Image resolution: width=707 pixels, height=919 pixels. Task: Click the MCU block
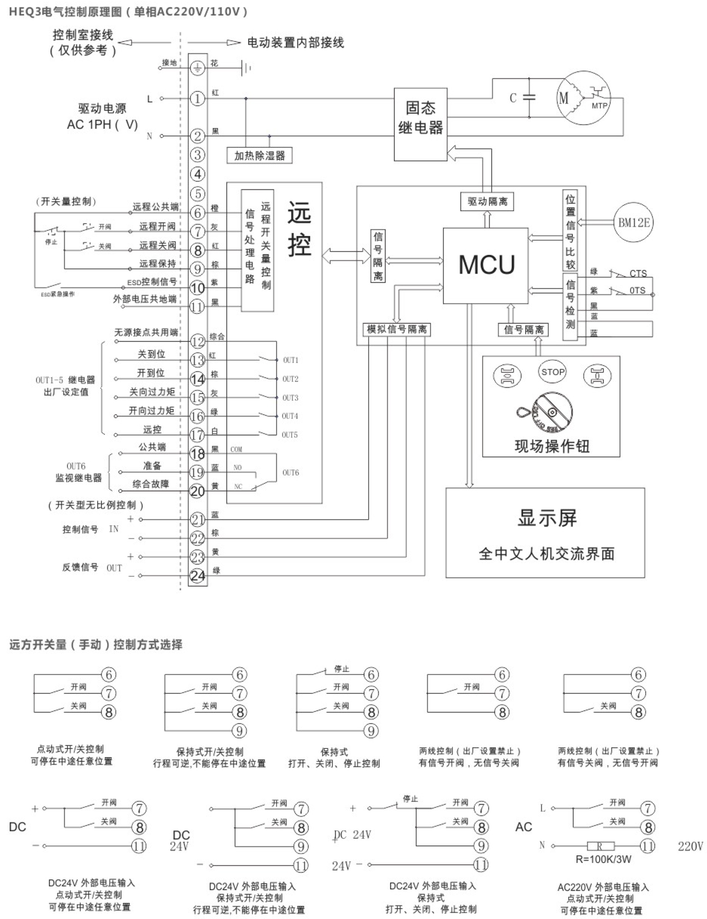click(x=486, y=265)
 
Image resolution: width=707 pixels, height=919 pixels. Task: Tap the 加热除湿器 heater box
click(x=260, y=156)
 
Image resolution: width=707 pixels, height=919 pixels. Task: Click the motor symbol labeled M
click(x=564, y=98)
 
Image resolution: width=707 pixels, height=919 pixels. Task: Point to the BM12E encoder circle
click(x=634, y=222)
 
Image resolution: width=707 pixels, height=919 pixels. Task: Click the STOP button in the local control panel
click(x=552, y=372)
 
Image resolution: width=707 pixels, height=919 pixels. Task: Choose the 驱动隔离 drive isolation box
click(x=487, y=201)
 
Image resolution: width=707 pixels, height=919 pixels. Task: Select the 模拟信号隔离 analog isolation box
click(x=396, y=329)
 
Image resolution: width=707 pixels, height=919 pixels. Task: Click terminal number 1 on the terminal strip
click(x=197, y=98)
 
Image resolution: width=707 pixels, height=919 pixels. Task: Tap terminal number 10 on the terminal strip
click(x=197, y=288)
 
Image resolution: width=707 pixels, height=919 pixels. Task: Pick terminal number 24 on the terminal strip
click(x=197, y=576)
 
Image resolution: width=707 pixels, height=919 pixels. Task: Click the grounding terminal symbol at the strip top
click(x=197, y=67)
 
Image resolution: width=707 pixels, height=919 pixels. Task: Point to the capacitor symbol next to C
click(x=529, y=98)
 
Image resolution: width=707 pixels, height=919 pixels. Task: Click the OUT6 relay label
click(x=290, y=473)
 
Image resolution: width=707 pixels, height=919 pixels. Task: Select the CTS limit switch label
click(x=638, y=273)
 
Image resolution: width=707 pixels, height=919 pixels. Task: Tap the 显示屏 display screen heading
click(x=546, y=518)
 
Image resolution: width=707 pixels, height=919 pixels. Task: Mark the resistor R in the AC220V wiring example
click(x=601, y=845)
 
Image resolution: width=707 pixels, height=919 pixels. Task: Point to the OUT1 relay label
click(x=290, y=360)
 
